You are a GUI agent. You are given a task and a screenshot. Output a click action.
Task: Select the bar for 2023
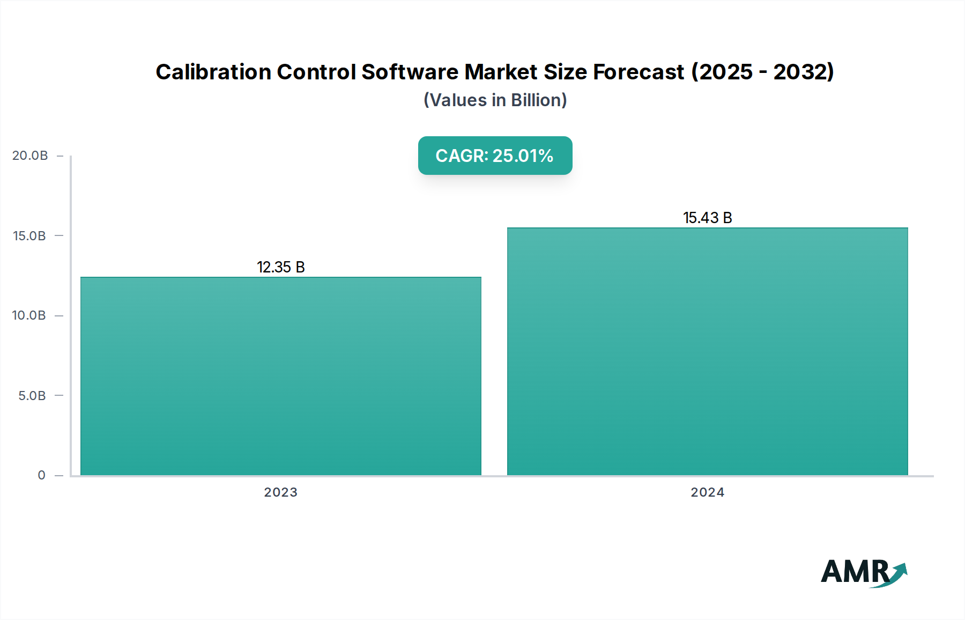tap(281, 375)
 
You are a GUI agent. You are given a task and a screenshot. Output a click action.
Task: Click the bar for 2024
tap(708, 351)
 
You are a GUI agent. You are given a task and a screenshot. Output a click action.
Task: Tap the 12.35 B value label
tap(281, 267)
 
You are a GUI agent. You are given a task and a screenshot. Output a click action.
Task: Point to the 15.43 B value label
tap(708, 218)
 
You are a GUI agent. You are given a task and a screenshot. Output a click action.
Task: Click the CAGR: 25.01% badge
tap(495, 156)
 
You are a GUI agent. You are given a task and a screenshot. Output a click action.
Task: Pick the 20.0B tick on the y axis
tap(30, 156)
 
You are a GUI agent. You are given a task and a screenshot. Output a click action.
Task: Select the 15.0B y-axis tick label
tap(29, 236)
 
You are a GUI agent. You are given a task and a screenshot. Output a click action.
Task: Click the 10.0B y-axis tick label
tap(29, 315)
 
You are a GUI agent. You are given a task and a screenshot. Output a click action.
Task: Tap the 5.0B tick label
tap(32, 396)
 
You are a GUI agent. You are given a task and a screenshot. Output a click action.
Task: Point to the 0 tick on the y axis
tap(41, 475)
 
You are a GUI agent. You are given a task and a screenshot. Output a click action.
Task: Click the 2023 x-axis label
tap(281, 492)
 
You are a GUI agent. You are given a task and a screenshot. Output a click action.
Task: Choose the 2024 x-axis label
tap(708, 492)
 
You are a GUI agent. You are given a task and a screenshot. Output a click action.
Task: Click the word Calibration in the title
tap(213, 72)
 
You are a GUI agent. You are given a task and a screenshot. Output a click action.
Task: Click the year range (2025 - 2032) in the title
tap(763, 72)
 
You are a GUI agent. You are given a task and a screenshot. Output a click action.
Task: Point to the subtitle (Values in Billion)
tap(495, 100)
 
